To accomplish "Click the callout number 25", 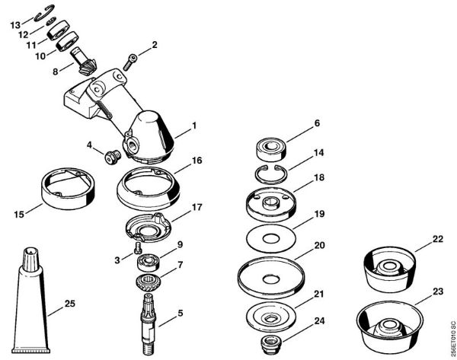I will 70,304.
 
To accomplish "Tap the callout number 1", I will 193,125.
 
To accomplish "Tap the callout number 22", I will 437,238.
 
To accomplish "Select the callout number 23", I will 438,290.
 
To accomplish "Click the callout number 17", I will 197,206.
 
